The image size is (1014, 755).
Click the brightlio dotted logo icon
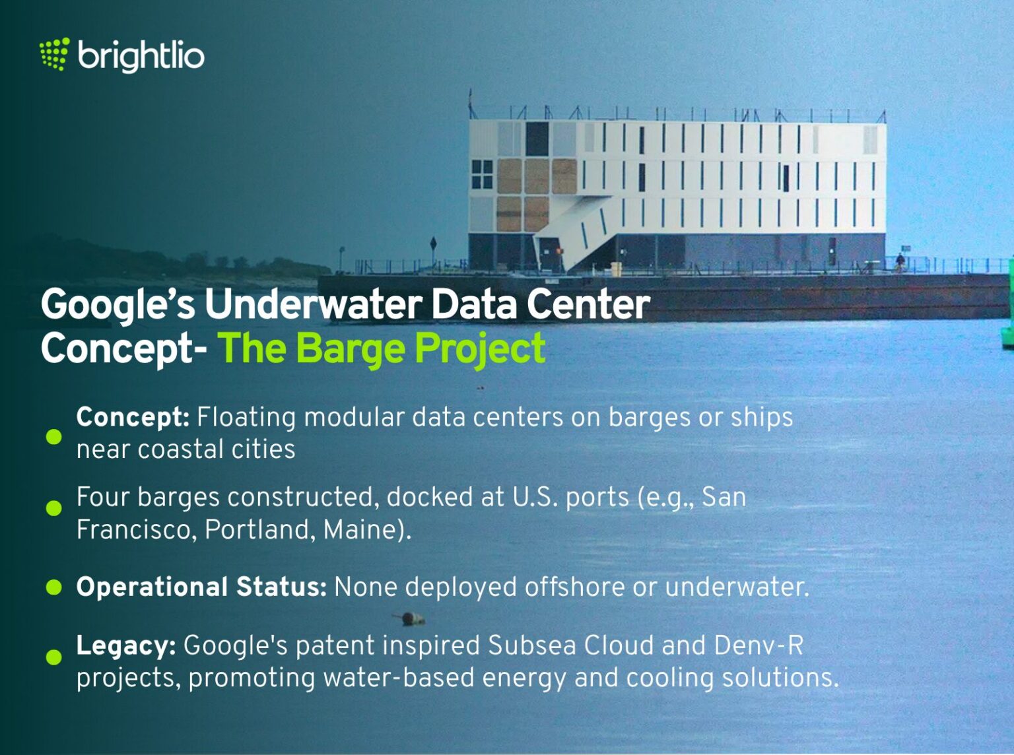[x=54, y=54]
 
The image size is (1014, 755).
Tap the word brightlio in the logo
[x=141, y=55]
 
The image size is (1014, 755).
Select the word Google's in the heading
[x=118, y=304]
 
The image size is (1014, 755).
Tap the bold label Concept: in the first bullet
[x=133, y=417]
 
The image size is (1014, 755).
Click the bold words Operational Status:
[x=201, y=587]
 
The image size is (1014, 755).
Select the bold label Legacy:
[x=126, y=645]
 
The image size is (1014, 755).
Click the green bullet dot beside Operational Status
[x=54, y=587]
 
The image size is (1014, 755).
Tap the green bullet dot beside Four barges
[x=54, y=508]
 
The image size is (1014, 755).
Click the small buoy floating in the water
[x=411, y=618]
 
